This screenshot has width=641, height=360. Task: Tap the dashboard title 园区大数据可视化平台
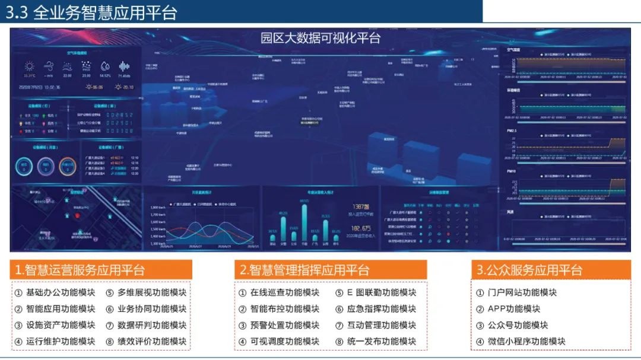click(x=320, y=39)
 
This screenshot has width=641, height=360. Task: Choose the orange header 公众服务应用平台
click(x=529, y=270)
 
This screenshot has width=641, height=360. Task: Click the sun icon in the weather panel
click(x=29, y=66)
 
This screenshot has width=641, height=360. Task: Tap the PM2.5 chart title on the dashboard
click(x=512, y=130)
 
